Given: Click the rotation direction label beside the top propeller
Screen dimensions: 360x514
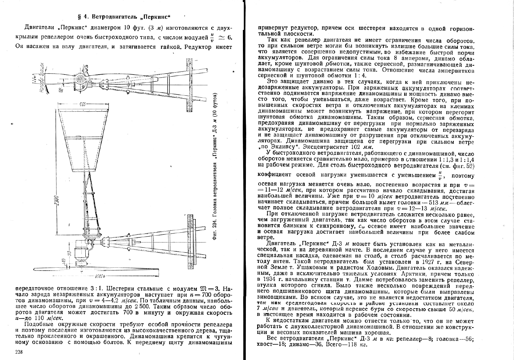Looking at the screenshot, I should [42, 78].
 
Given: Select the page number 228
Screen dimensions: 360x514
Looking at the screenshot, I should [19, 352].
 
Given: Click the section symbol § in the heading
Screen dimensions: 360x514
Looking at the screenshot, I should [79, 17].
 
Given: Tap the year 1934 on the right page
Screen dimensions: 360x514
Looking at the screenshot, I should [264, 279].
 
